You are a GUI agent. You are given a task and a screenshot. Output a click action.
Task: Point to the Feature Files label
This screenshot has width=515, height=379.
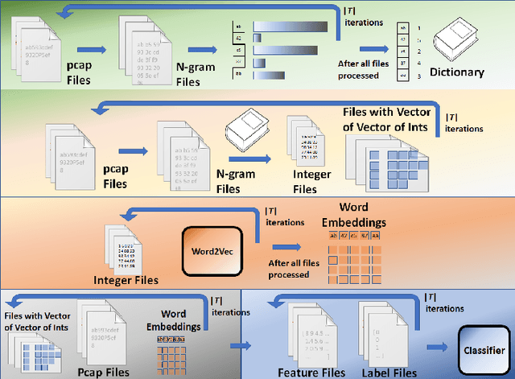[311, 372]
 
